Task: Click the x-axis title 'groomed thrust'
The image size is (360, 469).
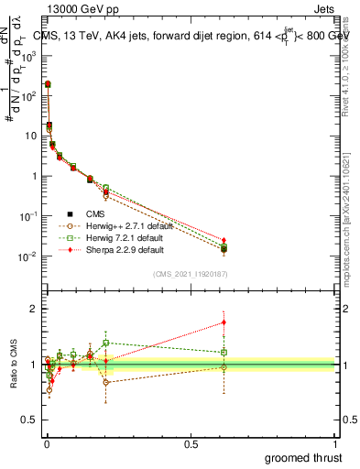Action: point(304,457)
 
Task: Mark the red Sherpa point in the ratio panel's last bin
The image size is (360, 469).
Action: point(224,322)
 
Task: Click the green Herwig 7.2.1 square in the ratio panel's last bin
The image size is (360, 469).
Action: point(224,352)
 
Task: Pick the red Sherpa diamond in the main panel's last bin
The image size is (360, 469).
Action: point(224,240)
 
